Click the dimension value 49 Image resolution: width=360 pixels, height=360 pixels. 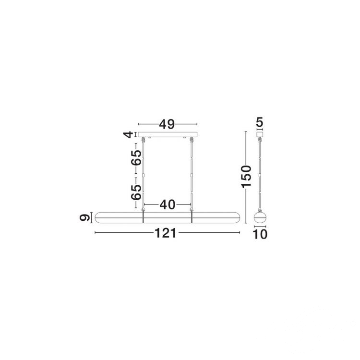click(167, 124)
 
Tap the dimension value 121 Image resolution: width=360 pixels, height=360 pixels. click(166, 233)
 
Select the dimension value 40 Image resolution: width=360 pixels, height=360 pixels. click(168, 204)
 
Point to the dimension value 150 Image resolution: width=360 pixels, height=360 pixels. click(246, 176)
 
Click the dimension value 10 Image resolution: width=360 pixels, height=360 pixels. click(260, 234)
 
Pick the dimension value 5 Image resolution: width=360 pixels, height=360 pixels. click(260, 122)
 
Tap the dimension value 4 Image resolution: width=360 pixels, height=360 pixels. click(129, 134)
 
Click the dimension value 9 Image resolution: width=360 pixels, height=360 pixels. click(84, 217)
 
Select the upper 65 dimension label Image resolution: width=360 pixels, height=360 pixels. click(136, 158)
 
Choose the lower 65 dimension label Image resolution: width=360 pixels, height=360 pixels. click(136, 192)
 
